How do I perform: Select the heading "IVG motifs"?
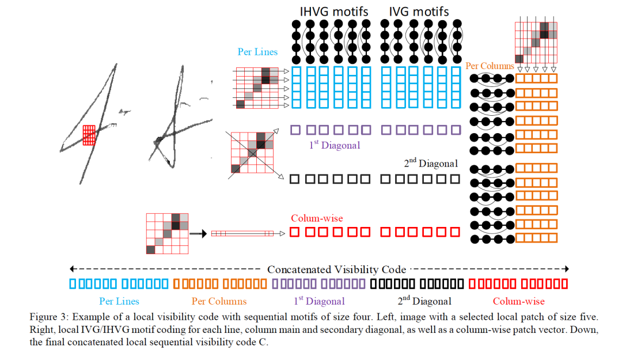[x=419, y=11]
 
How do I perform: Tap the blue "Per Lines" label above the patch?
[x=257, y=52]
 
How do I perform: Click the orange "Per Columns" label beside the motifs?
[x=490, y=66]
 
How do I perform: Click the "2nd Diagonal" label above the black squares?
[x=431, y=164]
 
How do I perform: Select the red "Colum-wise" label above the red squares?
[x=317, y=218]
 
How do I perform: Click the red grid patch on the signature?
[x=88, y=135]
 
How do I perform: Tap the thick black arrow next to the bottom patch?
[x=198, y=234]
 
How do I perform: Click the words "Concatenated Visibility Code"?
[x=336, y=270]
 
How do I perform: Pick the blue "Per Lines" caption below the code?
[x=119, y=301]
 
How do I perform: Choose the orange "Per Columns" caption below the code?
[x=219, y=301]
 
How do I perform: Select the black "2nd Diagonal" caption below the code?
[x=424, y=301]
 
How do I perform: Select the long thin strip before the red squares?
[x=242, y=234]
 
